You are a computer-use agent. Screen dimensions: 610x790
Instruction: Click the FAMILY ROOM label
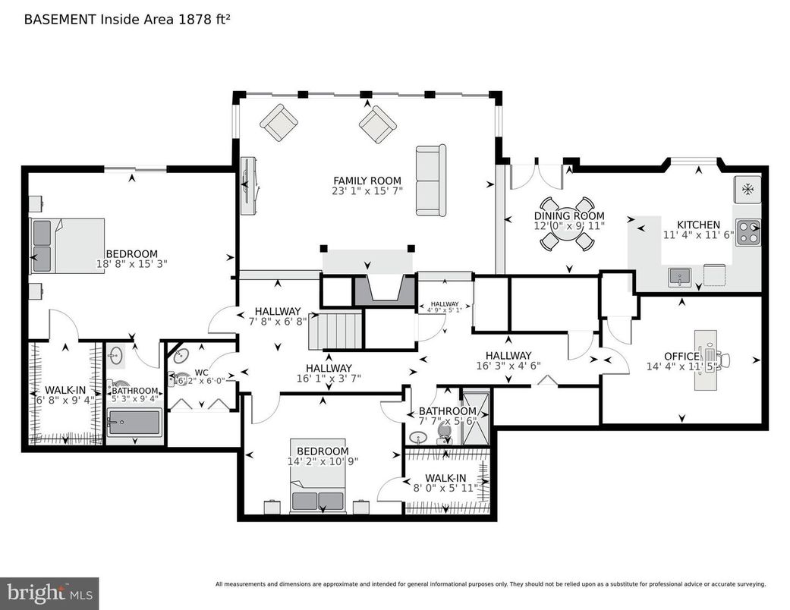click(x=367, y=181)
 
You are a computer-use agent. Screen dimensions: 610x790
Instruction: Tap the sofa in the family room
click(x=430, y=181)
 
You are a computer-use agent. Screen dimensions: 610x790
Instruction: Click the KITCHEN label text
click(x=698, y=225)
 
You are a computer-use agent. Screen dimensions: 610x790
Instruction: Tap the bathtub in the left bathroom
click(x=134, y=423)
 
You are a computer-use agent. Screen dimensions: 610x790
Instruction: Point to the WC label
click(x=201, y=373)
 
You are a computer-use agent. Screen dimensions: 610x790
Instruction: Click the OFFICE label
click(x=681, y=357)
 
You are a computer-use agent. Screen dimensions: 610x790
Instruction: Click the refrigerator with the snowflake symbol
click(x=748, y=189)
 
